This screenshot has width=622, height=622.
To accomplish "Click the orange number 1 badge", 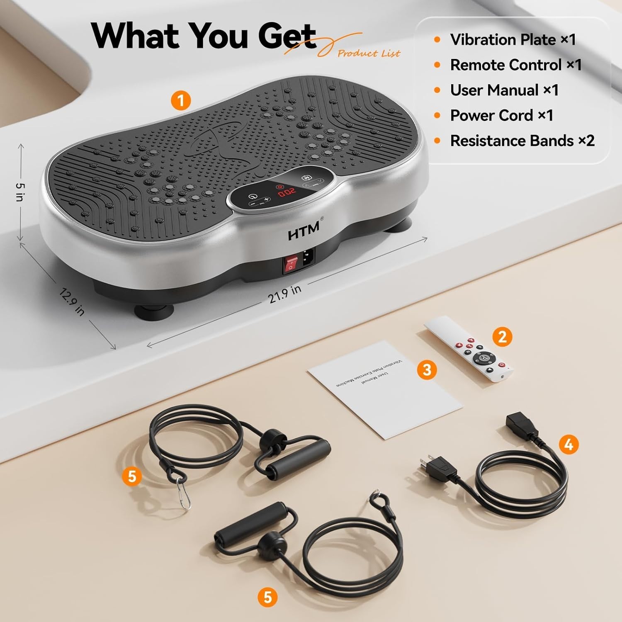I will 180,100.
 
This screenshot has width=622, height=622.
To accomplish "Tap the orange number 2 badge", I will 502,336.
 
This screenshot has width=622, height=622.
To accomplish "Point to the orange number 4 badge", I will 569,444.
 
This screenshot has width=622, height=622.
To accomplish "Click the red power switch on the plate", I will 291,264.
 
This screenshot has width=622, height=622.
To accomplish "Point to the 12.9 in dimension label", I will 72,301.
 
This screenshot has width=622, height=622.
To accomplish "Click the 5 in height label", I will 19,192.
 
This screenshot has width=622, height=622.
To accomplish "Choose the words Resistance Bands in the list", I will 512,141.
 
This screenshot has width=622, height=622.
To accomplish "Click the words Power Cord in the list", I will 491,115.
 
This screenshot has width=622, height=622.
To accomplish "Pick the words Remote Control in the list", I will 506,65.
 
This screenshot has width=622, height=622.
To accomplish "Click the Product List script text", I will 369,53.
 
